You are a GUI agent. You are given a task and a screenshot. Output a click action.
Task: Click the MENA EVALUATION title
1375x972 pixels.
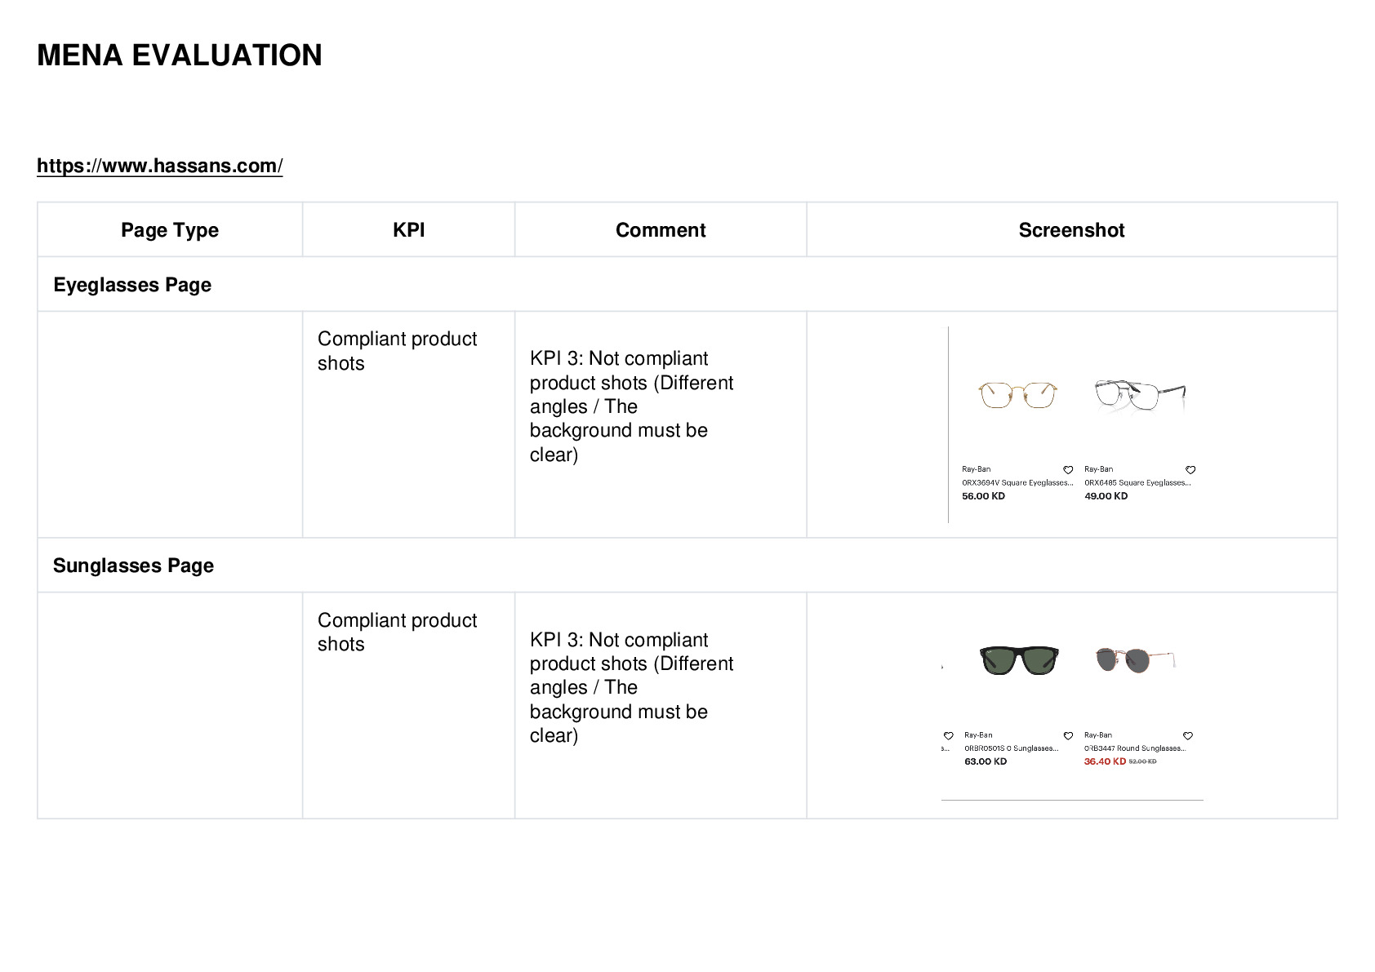coord(180,55)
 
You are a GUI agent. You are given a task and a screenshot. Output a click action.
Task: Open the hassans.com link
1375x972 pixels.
coord(159,166)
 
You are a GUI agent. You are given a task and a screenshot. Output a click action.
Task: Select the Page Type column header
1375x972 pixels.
coord(169,230)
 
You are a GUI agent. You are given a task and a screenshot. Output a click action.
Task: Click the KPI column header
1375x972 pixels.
coord(409,229)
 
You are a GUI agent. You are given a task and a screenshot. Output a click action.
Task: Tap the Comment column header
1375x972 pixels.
coord(661,229)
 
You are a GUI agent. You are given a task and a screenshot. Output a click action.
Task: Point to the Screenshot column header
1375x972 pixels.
coord(1071,229)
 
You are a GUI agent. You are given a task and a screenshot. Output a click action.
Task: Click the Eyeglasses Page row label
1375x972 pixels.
coord(132,285)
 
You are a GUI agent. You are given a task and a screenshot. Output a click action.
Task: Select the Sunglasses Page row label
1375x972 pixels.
coord(133,565)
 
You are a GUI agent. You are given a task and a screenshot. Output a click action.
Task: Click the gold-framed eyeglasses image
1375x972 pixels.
coord(1017,394)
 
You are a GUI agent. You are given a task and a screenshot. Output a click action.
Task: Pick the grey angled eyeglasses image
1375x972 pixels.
coord(1141,394)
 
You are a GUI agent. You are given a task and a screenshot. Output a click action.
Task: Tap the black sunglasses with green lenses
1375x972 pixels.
coord(1019,659)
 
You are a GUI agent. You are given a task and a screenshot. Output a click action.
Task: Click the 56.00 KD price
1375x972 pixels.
coord(983,496)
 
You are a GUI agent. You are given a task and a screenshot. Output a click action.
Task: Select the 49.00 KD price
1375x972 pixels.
coord(1106,496)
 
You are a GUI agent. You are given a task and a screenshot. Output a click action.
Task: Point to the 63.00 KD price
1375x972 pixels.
coord(986,761)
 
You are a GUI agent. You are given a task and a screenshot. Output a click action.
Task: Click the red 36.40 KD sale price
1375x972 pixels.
coord(1105,761)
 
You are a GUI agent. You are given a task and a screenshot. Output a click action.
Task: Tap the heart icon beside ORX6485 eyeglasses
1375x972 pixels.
coord(1190,470)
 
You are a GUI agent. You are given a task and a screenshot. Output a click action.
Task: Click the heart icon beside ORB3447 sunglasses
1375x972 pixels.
coord(1188,736)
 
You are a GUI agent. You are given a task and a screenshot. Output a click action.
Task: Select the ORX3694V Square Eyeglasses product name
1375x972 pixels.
coord(1017,483)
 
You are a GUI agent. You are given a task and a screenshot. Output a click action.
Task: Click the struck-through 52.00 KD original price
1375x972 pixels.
coord(1142,761)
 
